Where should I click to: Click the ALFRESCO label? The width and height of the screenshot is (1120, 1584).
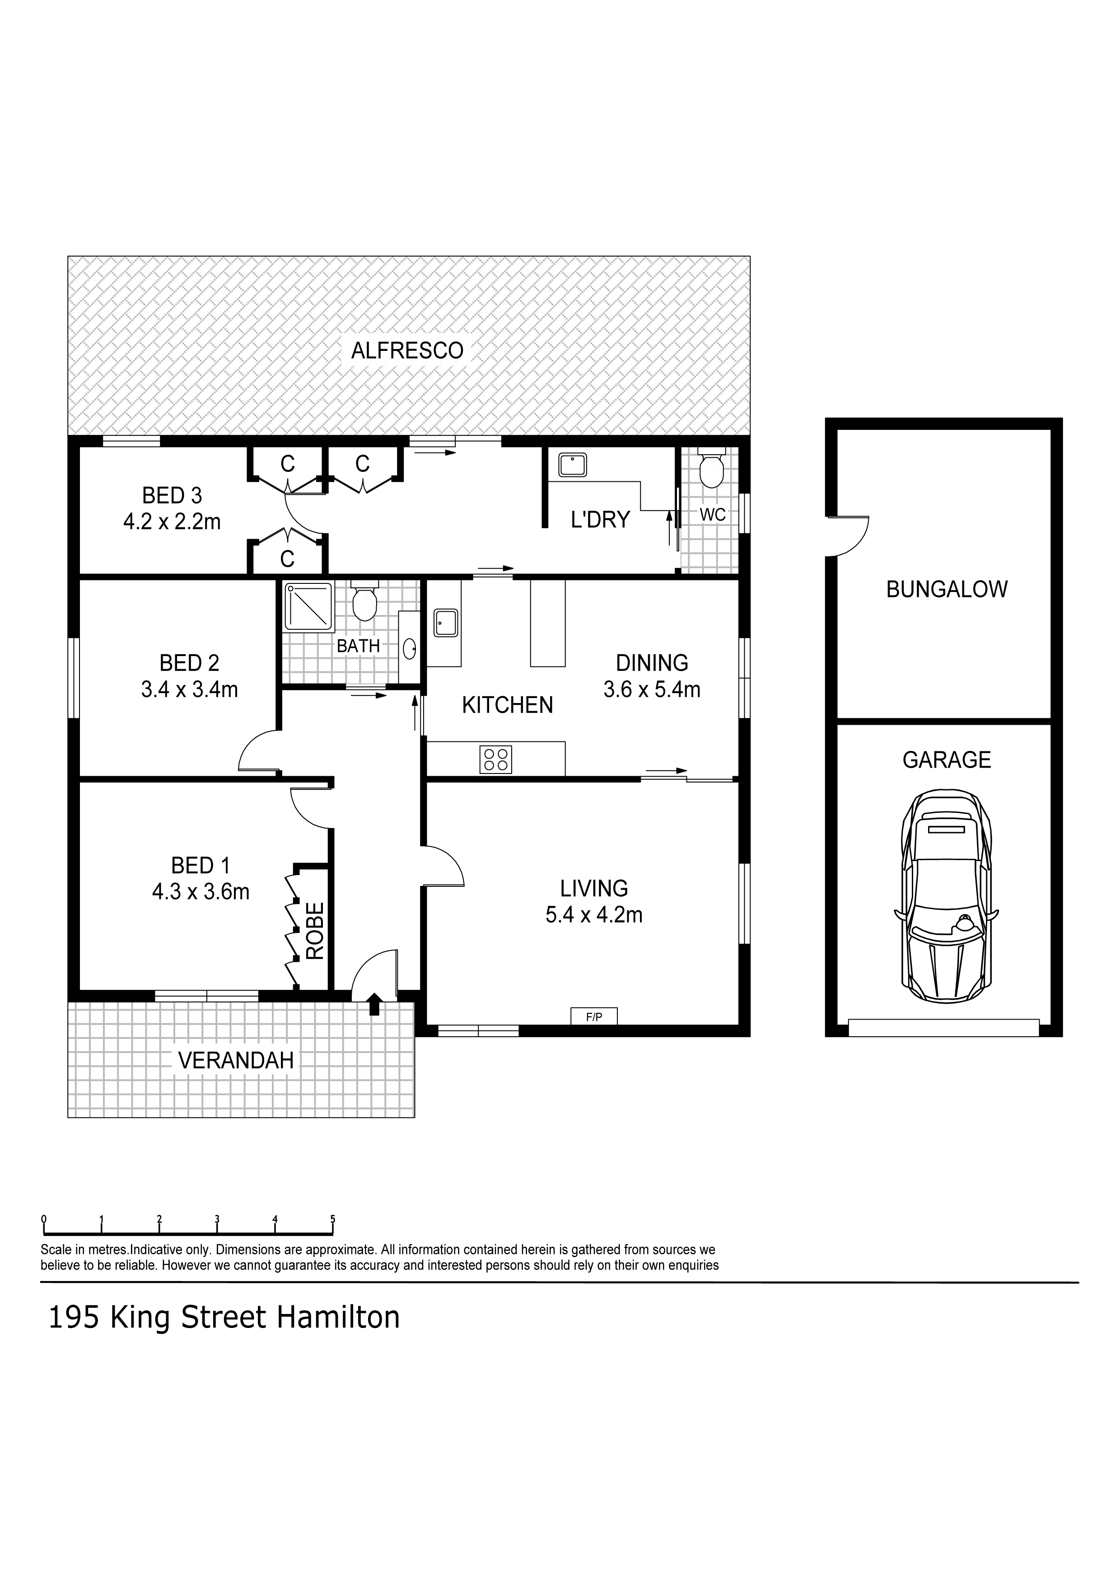(407, 350)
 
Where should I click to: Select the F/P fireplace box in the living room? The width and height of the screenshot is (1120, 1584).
(593, 1016)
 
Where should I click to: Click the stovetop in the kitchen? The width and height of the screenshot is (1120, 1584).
(495, 759)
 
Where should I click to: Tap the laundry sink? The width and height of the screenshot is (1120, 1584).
(572, 464)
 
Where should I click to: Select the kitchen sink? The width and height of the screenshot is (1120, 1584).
(445, 623)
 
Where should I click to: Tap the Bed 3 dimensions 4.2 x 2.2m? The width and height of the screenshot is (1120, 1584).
(172, 522)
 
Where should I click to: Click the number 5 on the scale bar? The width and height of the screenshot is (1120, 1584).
(333, 1219)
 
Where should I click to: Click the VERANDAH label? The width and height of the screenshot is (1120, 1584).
(236, 1060)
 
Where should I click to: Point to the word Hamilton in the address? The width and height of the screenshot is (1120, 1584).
(338, 1317)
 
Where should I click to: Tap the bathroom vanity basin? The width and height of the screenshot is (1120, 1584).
(409, 647)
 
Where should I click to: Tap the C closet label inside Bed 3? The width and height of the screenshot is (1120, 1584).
(287, 558)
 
